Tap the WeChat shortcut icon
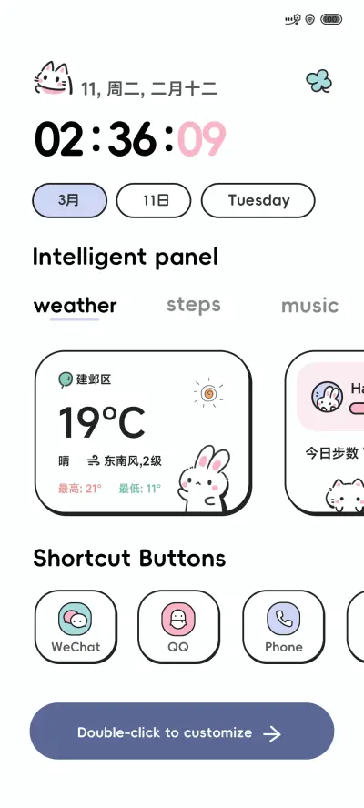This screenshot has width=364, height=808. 76,621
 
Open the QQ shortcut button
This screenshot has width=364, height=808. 178,621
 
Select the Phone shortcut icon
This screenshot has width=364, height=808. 283,621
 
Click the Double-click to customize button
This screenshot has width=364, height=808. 182,732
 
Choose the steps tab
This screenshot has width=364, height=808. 194,305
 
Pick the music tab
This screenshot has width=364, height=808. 309,306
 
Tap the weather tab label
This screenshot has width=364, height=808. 76,306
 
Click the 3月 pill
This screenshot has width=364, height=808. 69,200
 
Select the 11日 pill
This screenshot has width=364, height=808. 154,200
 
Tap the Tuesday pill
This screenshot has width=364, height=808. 258,200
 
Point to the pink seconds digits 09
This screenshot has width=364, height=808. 201,140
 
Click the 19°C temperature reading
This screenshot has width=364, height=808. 102,423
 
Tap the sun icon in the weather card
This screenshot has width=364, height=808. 208,393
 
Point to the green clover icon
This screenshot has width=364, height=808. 318,82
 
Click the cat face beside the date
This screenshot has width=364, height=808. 53,80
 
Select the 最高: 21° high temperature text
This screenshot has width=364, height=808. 80,489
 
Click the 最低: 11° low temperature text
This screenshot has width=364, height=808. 139,489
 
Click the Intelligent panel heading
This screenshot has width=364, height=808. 126,257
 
